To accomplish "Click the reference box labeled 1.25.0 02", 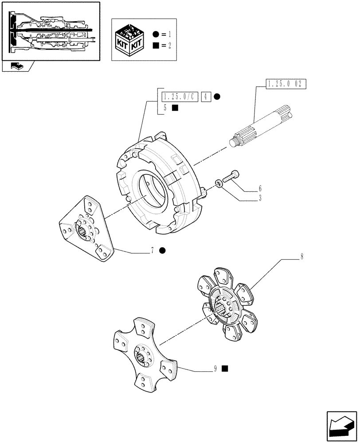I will click(x=286, y=84).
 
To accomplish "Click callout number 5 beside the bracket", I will click(x=165, y=108).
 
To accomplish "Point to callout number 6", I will click(x=260, y=188).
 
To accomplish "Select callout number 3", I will click(x=260, y=199).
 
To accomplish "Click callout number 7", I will click(x=152, y=251).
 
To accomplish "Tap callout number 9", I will click(x=215, y=368).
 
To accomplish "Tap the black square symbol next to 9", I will click(x=225, y=368).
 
